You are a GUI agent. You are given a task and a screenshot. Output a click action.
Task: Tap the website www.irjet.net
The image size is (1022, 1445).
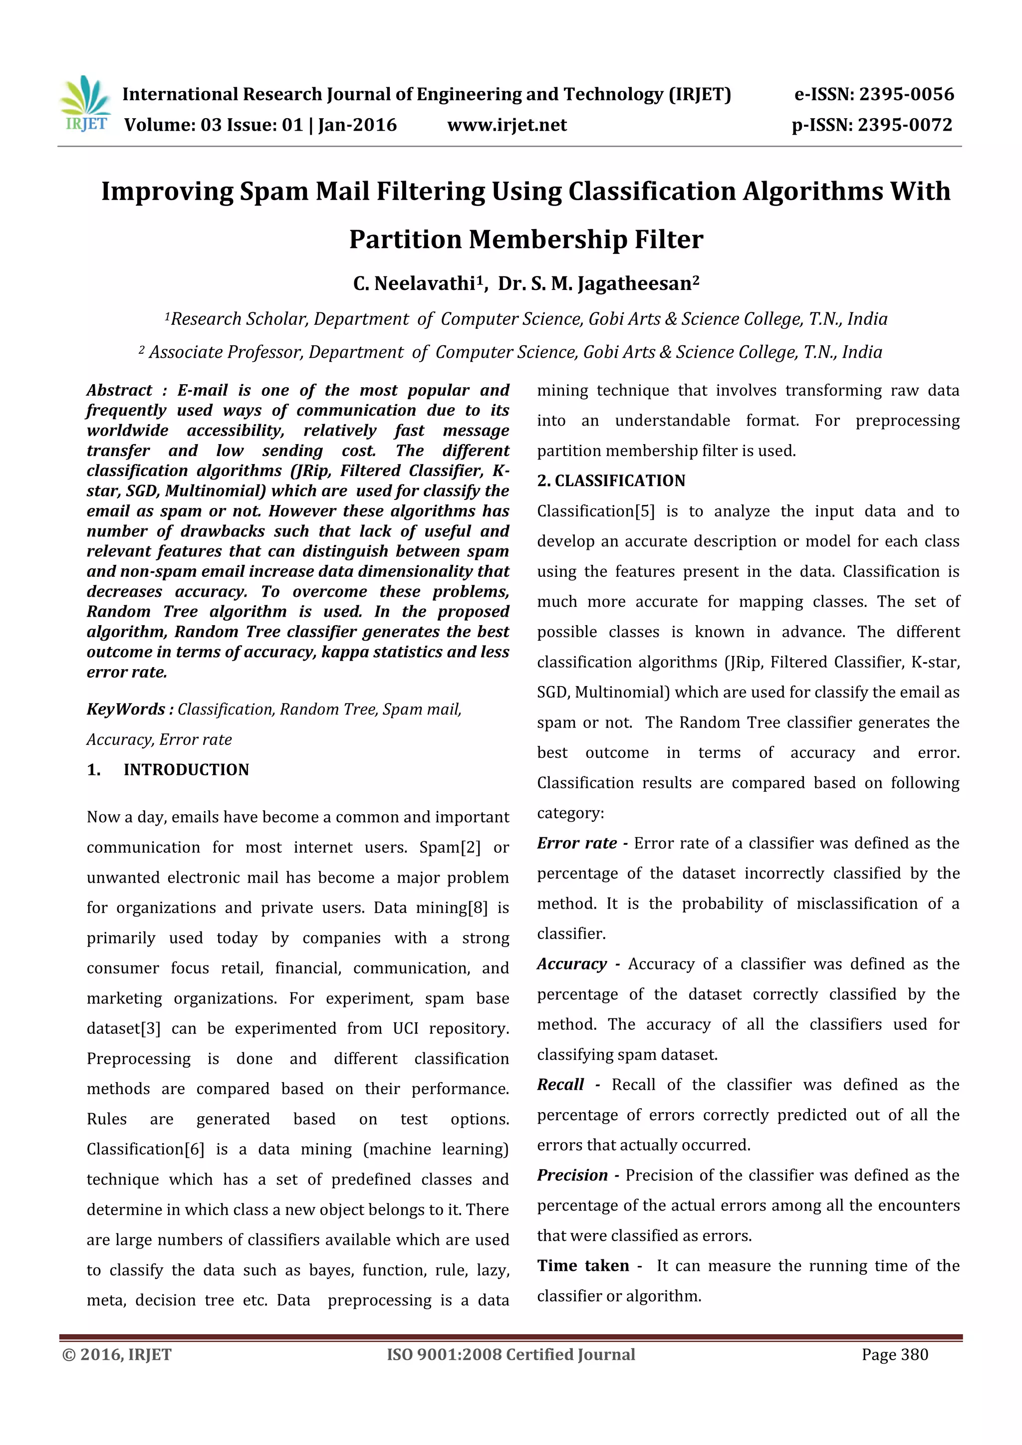coord(507,125)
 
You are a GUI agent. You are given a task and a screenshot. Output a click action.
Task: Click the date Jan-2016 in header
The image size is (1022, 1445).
coord(357,125)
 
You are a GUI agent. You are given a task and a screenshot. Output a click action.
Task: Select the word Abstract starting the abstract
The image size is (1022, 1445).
coord(120,390)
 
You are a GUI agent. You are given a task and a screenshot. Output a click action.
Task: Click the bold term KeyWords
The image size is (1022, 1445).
coord(125,710)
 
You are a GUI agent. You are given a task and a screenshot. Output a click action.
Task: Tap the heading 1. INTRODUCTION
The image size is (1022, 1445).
coord(168,770)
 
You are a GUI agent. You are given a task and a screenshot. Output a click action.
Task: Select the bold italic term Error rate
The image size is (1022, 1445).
coord(576,843)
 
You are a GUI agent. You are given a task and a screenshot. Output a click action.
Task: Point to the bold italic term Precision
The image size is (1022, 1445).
coord(572,1175)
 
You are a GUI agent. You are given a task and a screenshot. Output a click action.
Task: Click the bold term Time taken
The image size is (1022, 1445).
coord(583,1266)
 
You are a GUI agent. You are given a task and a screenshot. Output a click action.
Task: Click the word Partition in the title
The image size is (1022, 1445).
coord(405,240)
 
